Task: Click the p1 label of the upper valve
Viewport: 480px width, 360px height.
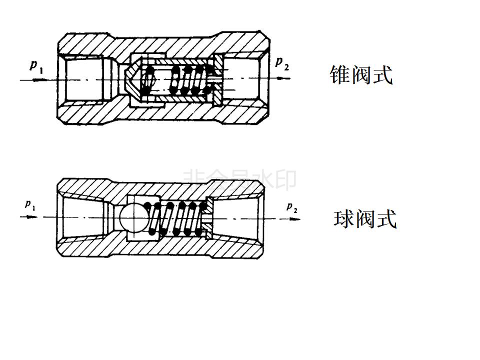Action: point(36,66)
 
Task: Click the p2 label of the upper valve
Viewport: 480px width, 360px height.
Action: point(282,63)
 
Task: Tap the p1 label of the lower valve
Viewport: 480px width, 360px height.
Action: point(30,205)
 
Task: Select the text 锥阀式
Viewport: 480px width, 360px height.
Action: point(361,75)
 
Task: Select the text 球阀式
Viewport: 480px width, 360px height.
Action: point(365,219)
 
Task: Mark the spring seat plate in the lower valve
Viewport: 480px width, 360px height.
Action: point(209,217)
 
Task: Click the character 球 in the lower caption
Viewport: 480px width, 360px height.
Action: point(344,219)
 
